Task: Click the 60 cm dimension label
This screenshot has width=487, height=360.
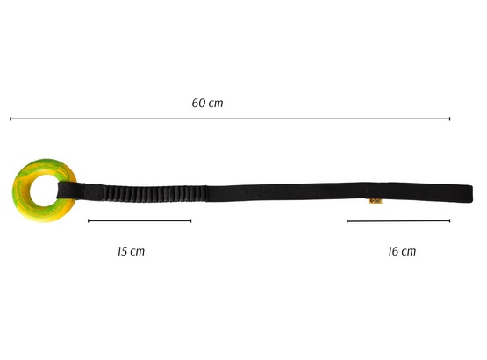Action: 207,103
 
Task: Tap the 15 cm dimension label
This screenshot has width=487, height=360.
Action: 131,251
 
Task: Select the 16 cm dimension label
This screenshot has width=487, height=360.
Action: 402,251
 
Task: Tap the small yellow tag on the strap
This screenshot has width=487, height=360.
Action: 376,201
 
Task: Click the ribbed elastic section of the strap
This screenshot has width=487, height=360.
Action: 155,193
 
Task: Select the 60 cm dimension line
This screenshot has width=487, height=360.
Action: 230,119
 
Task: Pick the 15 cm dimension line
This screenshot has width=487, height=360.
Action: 140,220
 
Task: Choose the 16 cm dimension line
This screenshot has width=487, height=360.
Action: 398,221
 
